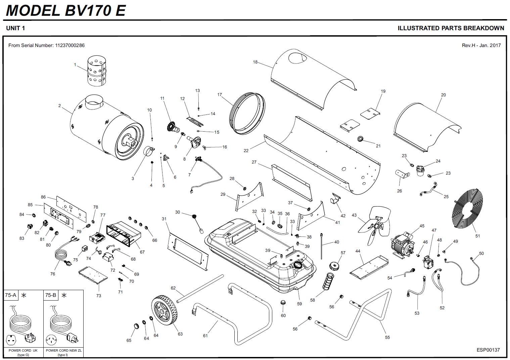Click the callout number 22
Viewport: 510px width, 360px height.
246,151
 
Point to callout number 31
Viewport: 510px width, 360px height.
164,219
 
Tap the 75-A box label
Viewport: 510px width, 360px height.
10,295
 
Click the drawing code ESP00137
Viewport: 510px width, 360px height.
488,350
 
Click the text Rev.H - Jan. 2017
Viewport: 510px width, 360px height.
481,45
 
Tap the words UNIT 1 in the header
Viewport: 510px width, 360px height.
15,28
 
